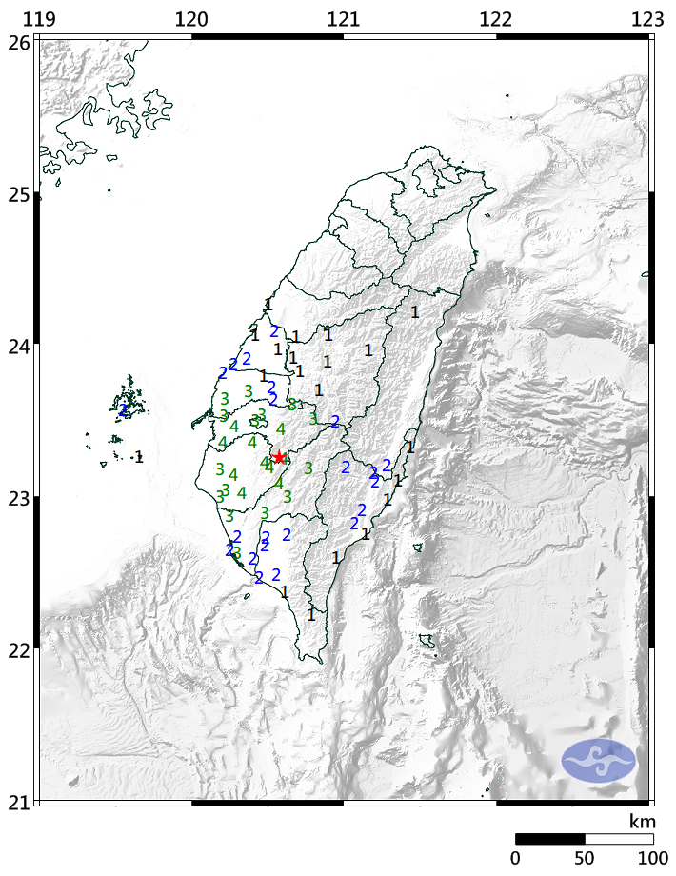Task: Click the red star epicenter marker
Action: pyautogui.click(x=279, y=458)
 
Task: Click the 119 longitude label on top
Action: pyautogui.click(x=38, y=18)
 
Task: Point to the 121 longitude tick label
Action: pyautogui.click(x=343, y=18)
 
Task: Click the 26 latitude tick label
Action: pyautogui.click(x=17, y=42)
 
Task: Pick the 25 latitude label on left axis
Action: pyautogui.click(x=17, y=195)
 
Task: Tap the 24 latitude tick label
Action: pyautogui.click(x=17, y=346)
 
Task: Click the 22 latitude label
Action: pyautogui.click(x=17, y=650)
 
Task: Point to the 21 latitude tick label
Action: pyautogui.click(x=17, y=802)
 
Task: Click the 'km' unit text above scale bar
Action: pyautogui.click(x=641, y=821)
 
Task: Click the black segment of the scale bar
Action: pyautogui.click(x=549, y=839)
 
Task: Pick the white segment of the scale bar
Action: pyautogui.click(x=619, y=839)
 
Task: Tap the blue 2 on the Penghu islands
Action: pyautogui.click(x=124, y=410)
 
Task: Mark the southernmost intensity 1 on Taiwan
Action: pyautogui.click(x=311, y=615)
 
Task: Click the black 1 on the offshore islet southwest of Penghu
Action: pyautogui.click(x=139, y=457)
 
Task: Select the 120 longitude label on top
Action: pyautogui.click(x=191, y=18)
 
